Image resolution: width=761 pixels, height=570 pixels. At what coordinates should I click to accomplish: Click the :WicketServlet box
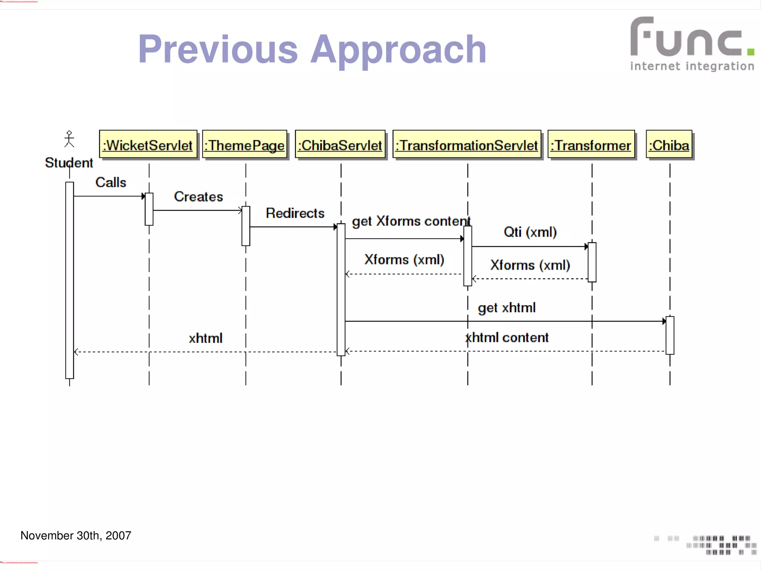pos(148,145)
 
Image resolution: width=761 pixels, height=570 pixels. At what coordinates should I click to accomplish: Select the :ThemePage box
pos(245,145)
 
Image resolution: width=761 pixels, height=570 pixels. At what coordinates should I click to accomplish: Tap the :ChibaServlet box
pos(340,145)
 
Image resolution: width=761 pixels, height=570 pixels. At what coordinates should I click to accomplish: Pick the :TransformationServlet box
pos(467,145)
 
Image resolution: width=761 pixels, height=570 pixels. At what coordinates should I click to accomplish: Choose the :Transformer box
pos(591,145)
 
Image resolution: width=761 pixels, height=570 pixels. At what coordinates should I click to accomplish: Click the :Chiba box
pos(669,145)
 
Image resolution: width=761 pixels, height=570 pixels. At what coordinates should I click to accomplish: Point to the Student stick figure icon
pos(69,139)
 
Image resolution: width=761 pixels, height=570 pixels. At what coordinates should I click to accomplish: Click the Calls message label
pos(111,182)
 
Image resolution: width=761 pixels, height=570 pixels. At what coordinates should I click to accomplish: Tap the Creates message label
pos(198,196)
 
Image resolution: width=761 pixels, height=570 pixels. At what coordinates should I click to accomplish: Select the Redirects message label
pos(295,213)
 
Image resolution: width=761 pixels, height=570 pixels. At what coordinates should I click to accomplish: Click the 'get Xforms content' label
pos(411,221)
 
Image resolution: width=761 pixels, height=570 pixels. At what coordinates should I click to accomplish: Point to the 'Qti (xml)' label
pos(530,232)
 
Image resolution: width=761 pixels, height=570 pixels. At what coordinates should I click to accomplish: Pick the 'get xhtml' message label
pos(506,307)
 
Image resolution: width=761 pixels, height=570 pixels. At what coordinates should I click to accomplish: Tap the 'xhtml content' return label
pos(507,338)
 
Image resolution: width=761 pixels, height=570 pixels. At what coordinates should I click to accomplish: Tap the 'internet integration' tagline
pos(692,66)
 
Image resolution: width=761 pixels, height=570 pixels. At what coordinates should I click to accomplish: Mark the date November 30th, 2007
pos(76,535)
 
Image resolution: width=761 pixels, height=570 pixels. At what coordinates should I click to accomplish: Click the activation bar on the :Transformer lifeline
pos(592,262)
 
